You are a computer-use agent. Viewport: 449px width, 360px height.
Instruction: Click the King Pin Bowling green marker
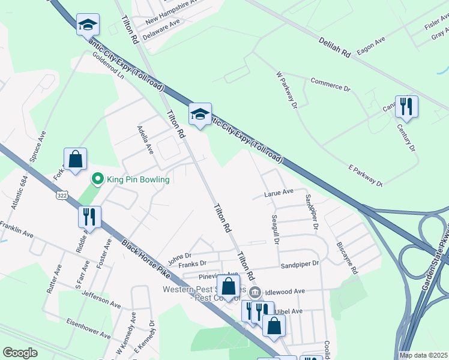pyautogui.click(x=97, y=179)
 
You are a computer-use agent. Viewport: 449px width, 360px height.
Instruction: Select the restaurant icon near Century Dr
pyautogui.click(x=406, y=107)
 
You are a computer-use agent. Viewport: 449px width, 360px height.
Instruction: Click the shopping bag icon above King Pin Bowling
pyautogui.click(x=75, y=160)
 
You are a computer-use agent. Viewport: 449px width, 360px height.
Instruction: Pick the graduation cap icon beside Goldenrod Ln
pyautogui.click(x=88, y=25)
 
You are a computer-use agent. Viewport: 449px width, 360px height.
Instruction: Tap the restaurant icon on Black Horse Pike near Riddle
pyautogui.click(x=89, y=217)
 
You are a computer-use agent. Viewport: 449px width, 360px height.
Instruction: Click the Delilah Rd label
pyautogui.click(x=334, y=45)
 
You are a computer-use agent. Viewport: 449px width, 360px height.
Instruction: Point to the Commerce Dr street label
pyautogui.click(x=330, y=84)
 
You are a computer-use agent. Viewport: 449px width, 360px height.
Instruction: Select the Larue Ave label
pyautogui.click(x=279, y=192)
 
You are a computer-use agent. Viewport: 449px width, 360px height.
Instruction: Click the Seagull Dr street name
pyautogui.click(x=276, y=230)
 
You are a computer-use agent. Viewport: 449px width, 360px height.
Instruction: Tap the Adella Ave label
pyautogui.click(x=145, y=140)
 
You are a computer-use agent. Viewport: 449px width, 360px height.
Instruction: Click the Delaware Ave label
pyautogui.click(x=161, y=26)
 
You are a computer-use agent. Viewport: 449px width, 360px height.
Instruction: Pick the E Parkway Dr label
pyautogui.click(x=366, y=174)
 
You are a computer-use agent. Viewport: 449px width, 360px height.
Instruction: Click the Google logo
pyautogui.click(x=20, y=352)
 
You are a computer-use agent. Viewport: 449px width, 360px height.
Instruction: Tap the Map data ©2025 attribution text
pyautogui.click(x=423, y=355)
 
